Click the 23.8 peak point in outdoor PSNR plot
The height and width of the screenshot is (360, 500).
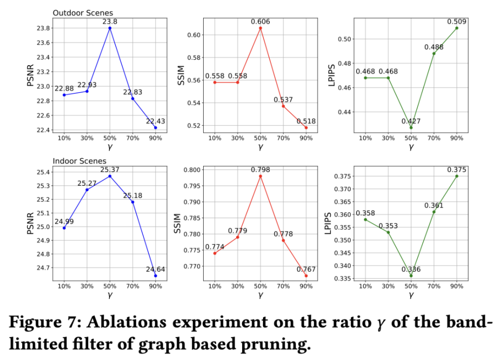[110, 28]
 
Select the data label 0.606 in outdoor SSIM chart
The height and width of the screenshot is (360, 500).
[260, 21]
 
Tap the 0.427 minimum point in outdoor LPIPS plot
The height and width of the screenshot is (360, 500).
[411, 127]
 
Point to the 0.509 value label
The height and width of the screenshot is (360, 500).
[456, 21]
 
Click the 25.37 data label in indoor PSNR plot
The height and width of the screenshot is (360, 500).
[110, 169]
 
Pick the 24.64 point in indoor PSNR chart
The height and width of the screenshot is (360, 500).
[155, 276]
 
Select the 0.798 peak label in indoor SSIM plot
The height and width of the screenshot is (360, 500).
[260, 169]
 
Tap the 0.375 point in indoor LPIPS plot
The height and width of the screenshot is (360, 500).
[456, 176]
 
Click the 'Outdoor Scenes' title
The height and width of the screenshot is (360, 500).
[82, 12]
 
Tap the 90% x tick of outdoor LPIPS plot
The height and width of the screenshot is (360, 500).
[456, 138]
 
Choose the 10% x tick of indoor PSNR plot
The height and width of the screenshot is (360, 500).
[64, 286]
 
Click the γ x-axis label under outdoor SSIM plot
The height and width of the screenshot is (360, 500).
[260, 147]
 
